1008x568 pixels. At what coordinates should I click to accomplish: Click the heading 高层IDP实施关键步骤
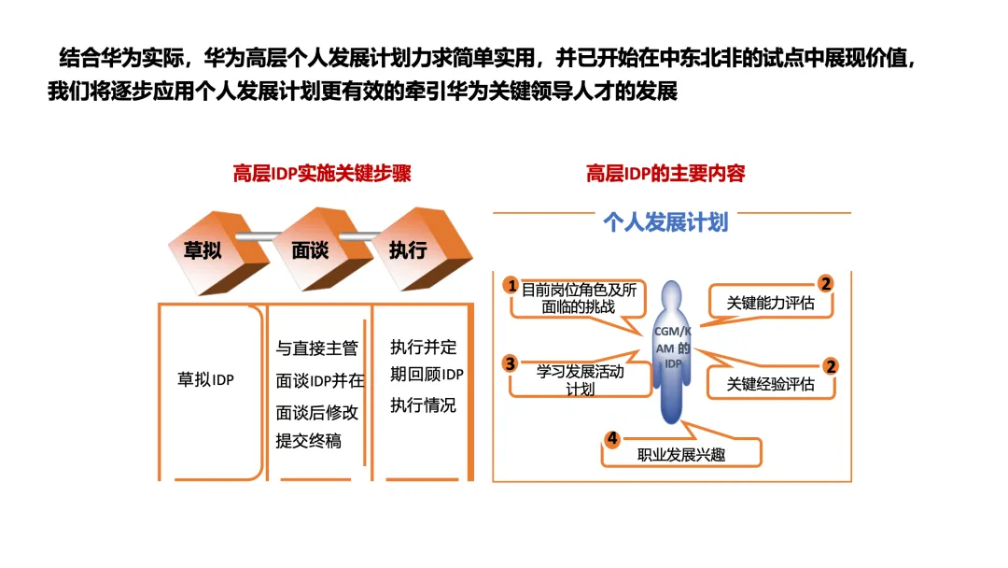pos(321,174)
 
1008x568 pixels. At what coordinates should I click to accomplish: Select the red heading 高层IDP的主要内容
pos(665,174)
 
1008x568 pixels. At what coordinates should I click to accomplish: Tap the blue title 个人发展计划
pos(665,222)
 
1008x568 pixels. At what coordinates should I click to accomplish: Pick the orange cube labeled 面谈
pos(310,249)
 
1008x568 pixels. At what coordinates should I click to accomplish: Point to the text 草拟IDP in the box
pos(206,380)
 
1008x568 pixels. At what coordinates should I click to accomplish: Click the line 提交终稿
pos(309,441)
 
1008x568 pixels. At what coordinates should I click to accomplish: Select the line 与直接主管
pos(317,349)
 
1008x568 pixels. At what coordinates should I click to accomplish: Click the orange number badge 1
pos(511,284)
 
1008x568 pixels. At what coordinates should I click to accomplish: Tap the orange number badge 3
pos(510,363)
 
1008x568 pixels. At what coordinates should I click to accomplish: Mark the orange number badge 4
pos(611,438)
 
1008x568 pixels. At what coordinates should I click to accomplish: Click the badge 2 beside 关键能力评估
pos(826,283)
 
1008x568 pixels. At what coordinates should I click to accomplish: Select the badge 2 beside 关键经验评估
pos(830,366)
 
